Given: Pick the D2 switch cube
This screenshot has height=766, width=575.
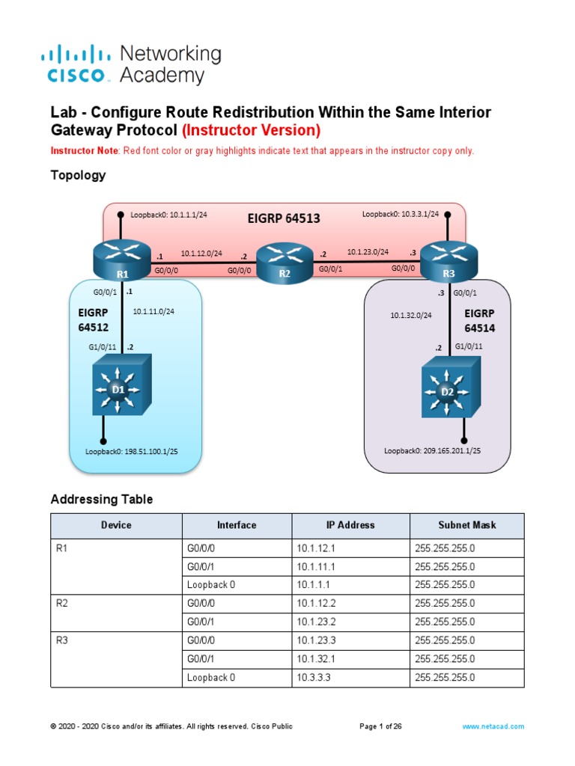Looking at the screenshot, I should point(448,388).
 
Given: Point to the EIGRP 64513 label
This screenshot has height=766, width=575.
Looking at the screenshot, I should point(284,218).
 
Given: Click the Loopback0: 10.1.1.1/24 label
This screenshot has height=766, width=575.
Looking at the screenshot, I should point(168,215).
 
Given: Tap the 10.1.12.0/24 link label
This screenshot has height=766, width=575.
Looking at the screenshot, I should point(201,254).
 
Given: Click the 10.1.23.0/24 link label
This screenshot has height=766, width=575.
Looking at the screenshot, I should point(368,252).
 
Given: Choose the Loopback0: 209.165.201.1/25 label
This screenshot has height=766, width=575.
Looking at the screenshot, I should point(432,451).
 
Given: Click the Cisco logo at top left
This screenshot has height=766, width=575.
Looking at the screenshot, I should point(76,64).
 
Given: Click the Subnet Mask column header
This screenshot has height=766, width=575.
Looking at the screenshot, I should point(466,525).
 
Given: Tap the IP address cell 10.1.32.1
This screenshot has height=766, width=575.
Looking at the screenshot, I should point(318,659).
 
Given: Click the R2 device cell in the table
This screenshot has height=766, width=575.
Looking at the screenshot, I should point(63,603).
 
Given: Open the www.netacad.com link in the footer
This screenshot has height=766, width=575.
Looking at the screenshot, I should point(493,726).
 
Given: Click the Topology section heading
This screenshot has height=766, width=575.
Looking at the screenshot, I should point(78,176).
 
